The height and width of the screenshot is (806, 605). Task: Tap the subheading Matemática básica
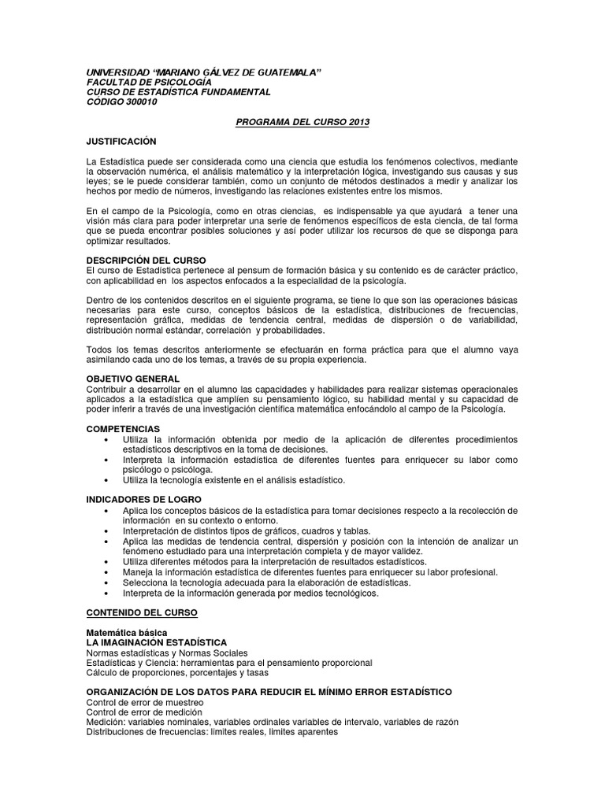pos(127,633)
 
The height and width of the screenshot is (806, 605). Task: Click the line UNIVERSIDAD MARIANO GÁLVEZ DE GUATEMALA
pos(204,72)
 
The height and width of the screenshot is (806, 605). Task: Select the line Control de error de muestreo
pos(150,702)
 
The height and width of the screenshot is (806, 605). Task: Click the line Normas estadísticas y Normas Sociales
pos(167,653)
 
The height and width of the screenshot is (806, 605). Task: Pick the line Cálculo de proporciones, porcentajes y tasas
pos(177,673)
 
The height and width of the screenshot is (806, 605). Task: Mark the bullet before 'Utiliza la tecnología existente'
pos(106,480)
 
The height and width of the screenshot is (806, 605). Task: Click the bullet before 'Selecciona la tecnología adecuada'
pos(106,582)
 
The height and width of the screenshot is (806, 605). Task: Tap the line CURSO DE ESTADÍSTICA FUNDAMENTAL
pos(179,92)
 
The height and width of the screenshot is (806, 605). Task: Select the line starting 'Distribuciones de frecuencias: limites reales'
pos(212,732)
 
